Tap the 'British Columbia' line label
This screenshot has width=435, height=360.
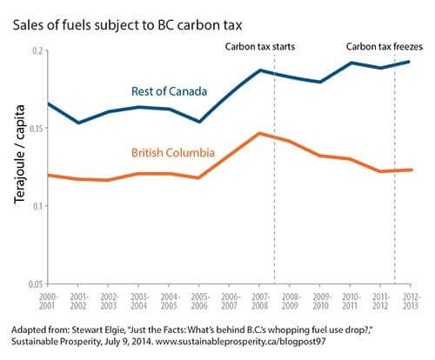pos(172,152)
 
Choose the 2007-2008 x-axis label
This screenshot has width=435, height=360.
pos(260,301)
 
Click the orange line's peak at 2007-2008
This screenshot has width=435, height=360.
pos(260,133)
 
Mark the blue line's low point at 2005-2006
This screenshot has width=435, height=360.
pos(199,122)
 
